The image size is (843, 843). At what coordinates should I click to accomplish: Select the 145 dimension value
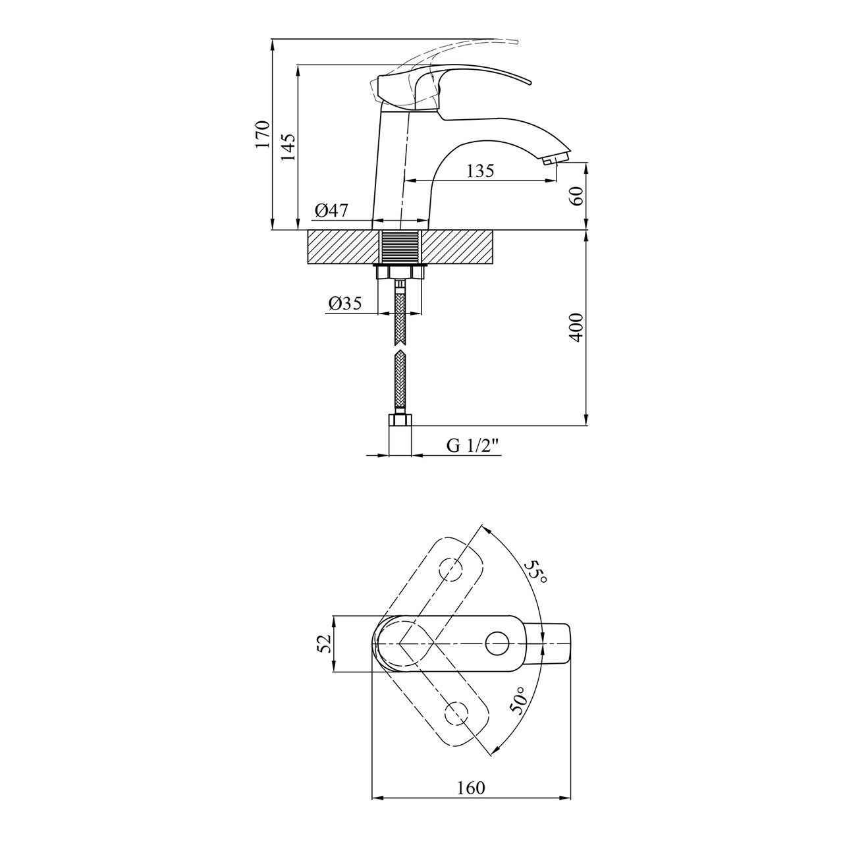288,146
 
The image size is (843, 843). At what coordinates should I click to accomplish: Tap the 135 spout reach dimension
480,171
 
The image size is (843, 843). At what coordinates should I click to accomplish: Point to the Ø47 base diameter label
332,211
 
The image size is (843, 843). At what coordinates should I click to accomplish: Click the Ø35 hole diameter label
345,303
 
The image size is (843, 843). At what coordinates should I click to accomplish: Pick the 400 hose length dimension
577,327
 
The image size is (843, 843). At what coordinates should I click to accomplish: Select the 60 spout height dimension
577,196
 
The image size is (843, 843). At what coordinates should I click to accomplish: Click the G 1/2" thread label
473,446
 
